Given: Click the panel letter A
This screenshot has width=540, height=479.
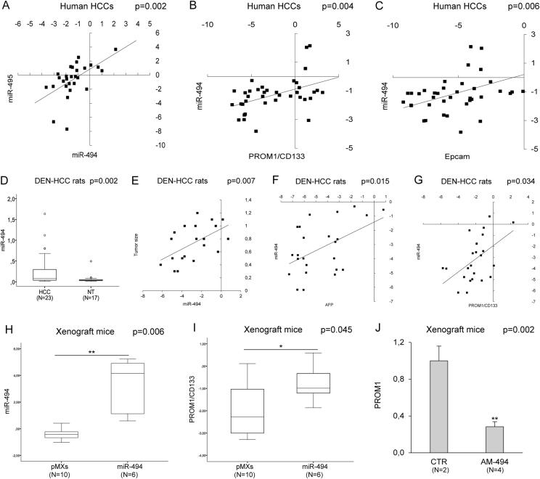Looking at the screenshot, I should [7, 7].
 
